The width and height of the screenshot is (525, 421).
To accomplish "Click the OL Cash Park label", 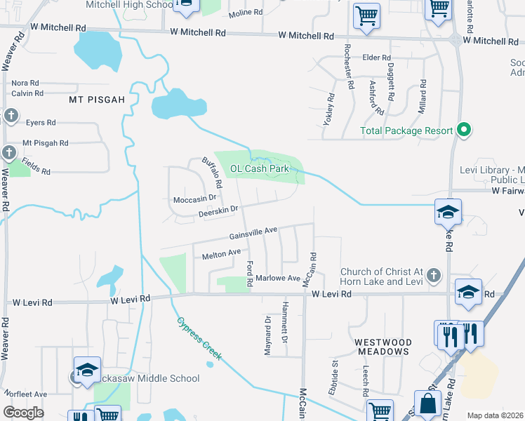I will click(x=260, y=168).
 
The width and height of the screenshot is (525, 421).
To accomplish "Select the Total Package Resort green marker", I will click(x=463, y=130).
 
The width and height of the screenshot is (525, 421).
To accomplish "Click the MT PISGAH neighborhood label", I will click(x=96, y=100).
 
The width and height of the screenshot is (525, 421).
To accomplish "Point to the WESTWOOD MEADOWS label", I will click(x=382, y=347).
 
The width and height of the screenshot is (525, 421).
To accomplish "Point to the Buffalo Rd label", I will click(x=212, y=173).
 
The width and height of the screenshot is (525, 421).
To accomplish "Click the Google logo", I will click(x=23, y=412).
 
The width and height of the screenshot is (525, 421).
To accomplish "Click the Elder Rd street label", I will click(x=376, y=58).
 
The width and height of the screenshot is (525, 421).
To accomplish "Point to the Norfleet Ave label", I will click(x=25, y=394).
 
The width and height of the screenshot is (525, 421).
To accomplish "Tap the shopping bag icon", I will click(x=427, y=403).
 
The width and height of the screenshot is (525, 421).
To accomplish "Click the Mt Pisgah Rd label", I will click(x=46, y=143).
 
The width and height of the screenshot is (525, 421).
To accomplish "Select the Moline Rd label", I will click(x=245, y=13).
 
